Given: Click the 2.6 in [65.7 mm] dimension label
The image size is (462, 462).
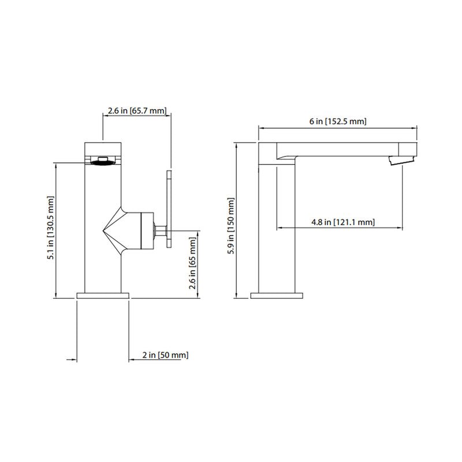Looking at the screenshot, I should tap(137, 110).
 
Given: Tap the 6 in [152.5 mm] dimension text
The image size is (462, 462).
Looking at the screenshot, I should tap(338, 121).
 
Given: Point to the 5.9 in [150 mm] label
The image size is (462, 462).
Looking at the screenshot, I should tap(232, 223).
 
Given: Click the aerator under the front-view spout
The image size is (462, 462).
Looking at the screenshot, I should tap(103, 161).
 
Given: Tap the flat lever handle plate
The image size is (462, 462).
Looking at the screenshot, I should tap(169, 210).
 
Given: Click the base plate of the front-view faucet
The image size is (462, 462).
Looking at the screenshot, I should tap(103, 296).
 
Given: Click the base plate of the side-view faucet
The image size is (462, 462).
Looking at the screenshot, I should tap(276, 296).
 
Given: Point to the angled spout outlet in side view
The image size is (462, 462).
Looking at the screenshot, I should tap(400, 160).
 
